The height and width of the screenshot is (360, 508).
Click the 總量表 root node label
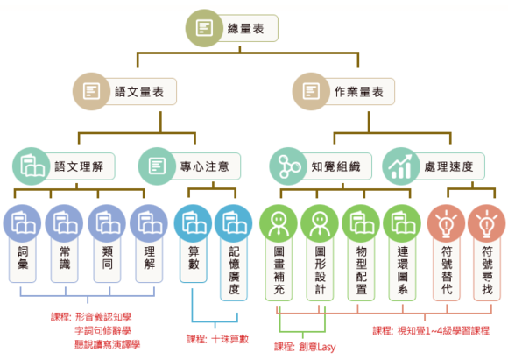(x=245, y=29)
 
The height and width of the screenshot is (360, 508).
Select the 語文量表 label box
(x=139, y=92)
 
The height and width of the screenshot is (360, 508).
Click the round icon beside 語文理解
(x=32, y=166)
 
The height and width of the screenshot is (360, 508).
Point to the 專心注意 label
(x=205, y=166)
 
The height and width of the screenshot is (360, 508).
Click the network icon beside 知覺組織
(x=288, y=166)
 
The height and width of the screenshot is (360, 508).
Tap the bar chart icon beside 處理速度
(x=401, y=166)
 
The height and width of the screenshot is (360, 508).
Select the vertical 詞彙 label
(x=23, y=258)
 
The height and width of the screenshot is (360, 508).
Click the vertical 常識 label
(x=65, y=258)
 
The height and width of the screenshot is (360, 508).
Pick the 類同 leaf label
(x=107, y=258)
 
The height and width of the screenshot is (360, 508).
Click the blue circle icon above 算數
(x=193, y=223)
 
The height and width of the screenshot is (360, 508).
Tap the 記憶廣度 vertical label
(x=234, y=270)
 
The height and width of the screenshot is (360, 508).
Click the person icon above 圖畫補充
(x=279, y=223)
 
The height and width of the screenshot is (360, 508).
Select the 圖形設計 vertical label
(x=320, y=270)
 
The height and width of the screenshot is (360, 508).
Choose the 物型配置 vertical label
(x=361, y=270)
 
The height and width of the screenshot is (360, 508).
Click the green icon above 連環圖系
(x=402, y=223)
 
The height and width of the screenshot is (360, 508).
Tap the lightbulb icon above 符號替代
(x=447, y=223)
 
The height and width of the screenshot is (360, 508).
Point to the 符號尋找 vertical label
(x=487, y=270)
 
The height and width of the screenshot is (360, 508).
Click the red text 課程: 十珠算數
(x=217, y=339)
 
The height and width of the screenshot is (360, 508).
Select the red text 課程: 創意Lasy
(x=305, y=347)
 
